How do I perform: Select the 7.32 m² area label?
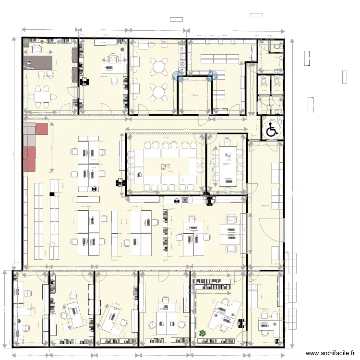click(x=195, y=95)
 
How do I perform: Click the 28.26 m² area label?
click(x=265, y=206)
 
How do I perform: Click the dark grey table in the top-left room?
click(x=38, y=61)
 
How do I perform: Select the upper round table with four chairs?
click(x=158, y=66)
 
